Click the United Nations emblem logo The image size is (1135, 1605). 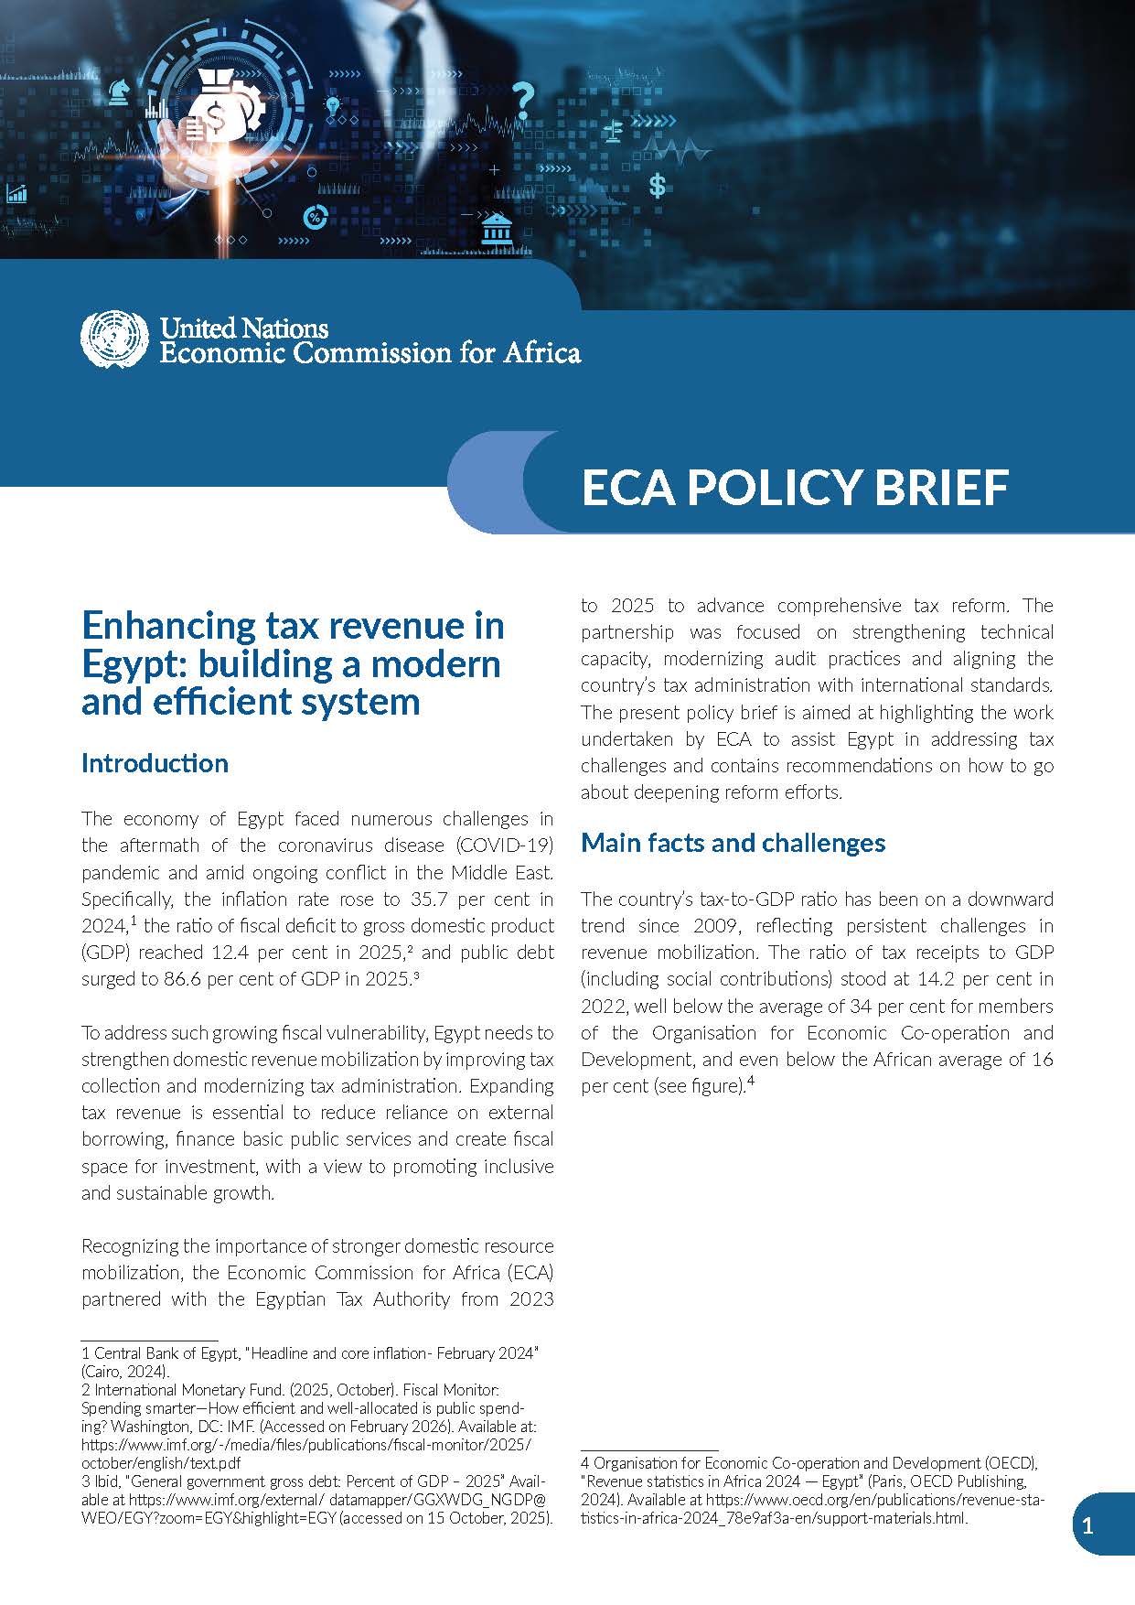(x=113, y=339)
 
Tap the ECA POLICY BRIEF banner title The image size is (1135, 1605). (x=794, y=486)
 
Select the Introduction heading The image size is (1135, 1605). (x=155, y=763)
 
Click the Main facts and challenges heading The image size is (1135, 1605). (x=733, y=843)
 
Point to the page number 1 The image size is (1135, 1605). (x=1087, y=1525)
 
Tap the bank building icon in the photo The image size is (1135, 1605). (x=497, y=228)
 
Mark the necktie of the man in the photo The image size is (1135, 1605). (x=403, y=55)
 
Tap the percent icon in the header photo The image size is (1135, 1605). (x=315, y=218)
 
